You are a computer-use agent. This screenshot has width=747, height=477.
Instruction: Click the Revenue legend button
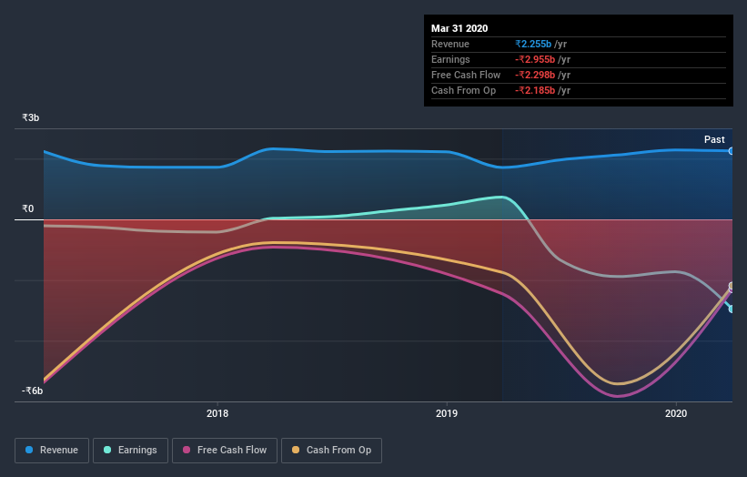click(x=52, y=450)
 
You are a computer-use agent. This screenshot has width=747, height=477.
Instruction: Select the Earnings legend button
click(x=131, y=450)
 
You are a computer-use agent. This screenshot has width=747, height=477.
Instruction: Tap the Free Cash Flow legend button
click(x=225, y=450)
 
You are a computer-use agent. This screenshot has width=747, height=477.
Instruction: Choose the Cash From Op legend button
click(x=331, y=450)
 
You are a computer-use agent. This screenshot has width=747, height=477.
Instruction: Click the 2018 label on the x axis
click(x=217, y=413)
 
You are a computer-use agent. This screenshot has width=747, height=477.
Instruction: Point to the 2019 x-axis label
click(x=447, y=413)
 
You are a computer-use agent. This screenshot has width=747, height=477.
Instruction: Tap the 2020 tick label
click(x=676, y=413)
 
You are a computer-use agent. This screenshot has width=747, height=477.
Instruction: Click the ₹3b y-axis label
click(x=31, y=118)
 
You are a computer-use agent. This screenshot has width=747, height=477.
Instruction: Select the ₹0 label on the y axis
click(x=28, y=209)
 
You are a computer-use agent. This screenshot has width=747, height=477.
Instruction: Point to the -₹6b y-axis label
click(x=33, y=391)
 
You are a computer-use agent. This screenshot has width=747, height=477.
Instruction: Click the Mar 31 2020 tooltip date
click(x=459, y=27)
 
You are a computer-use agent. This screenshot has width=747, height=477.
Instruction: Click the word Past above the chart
click(x=714, y=139)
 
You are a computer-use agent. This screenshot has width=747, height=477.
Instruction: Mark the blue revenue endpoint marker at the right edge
click(x=732, y=151)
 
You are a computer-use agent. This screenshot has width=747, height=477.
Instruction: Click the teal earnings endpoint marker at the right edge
click(x=732, y=309)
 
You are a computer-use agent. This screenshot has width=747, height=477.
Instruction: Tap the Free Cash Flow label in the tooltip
click(x=466, y=75)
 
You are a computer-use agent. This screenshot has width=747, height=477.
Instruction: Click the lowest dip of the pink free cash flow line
click(x=618, y=396)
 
